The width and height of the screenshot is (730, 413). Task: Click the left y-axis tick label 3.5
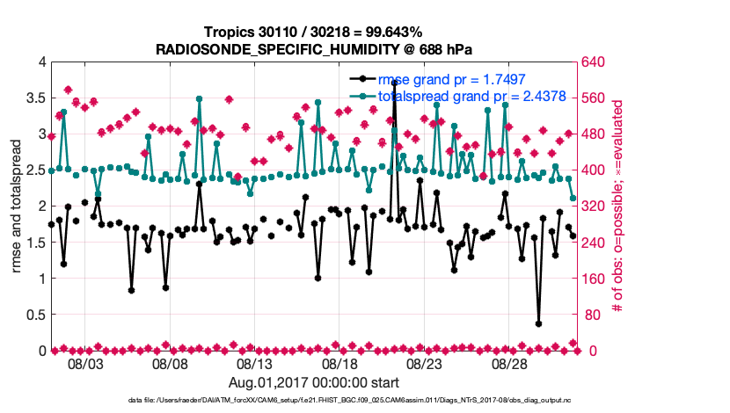[34, 98]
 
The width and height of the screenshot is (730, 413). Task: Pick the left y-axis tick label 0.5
[34, 315]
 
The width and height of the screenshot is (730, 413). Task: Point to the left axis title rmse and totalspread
[16, 206]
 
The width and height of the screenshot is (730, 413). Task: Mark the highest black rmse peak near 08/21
[394, 83]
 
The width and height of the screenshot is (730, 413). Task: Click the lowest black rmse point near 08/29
[538, 323]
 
